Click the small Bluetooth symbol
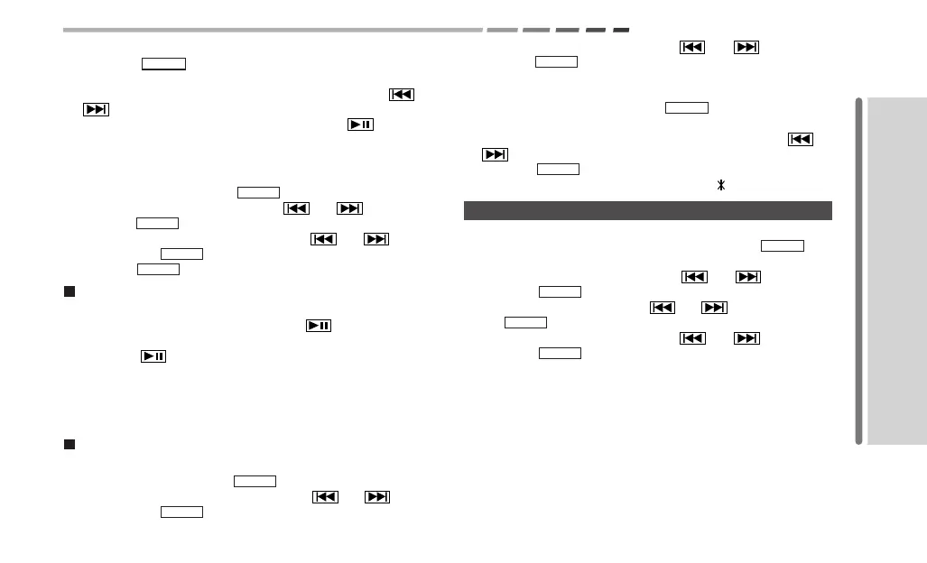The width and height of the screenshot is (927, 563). (x=721, y=185)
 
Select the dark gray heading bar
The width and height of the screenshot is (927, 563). (x=647, y=210)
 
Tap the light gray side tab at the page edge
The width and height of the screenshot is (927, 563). (x=897, y=271)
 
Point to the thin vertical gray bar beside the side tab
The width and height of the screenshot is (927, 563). (x=859, y=271)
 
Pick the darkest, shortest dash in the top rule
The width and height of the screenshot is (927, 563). (x=621, y=30)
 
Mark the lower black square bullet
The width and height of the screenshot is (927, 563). (x=68, y=445)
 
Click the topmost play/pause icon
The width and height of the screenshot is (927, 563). (x=360, y=125)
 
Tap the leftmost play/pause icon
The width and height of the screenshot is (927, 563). (x=153, y=356)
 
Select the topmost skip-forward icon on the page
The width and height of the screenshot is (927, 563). (x=746, y=48)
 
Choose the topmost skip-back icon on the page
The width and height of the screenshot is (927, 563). (x=691, y=48)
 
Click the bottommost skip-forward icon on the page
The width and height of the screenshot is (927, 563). (x=377, y=496)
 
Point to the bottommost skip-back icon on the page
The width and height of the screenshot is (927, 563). (x=325, y=496)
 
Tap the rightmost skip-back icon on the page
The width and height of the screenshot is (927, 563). (x=801, y=139)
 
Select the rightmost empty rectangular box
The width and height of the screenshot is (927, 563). (x=783, y=245)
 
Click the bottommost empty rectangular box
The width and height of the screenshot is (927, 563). (x=181, y=512)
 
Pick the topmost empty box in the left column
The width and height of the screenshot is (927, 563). (x=163, y=64)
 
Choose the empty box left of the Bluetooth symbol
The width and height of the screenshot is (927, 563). (x=558, y=169)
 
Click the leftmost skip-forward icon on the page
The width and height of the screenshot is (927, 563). (x=96, y=110)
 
